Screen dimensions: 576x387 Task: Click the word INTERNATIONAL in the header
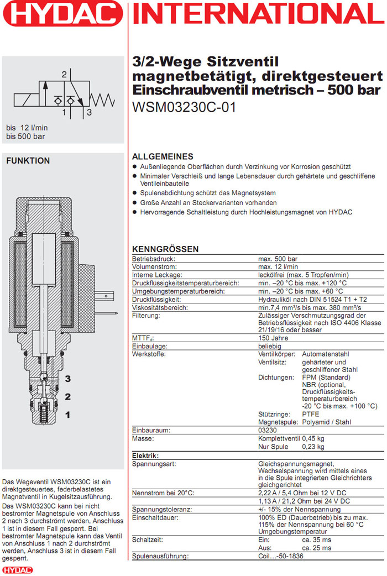(259, 14)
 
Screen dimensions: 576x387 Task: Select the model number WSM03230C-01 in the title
(185, 107)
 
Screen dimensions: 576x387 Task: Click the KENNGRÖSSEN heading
(165, 249)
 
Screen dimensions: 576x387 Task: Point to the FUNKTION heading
(28, 161)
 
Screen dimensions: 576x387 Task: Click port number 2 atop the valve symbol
(64, 74)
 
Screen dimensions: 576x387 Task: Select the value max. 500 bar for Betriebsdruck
(278, 259)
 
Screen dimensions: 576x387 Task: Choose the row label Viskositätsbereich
(161, 307)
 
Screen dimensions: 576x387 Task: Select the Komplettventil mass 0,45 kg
(313, 438)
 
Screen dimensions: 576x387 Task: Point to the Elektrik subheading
(145, 455)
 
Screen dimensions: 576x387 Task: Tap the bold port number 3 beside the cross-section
(67, 379)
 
